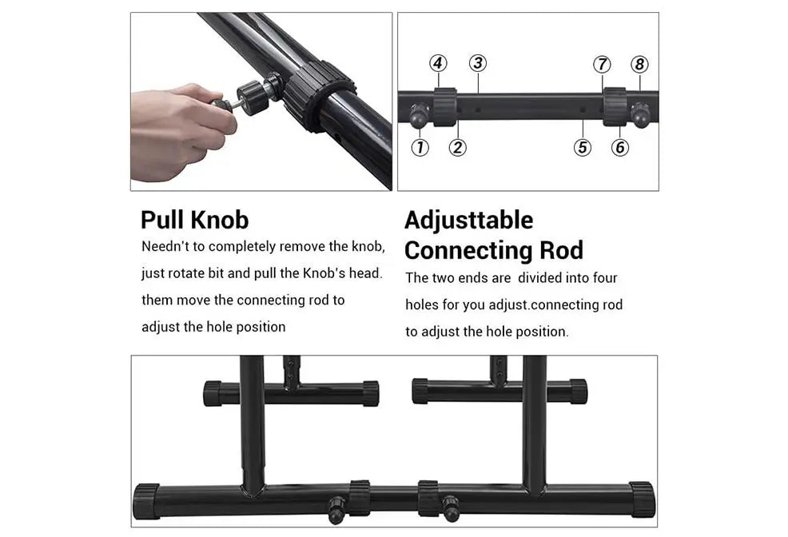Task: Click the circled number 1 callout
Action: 420,147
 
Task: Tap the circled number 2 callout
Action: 457,147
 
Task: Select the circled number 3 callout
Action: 478,63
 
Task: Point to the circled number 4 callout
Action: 438,63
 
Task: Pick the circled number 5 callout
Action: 583,147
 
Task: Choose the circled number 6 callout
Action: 620,147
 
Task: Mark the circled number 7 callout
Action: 602,64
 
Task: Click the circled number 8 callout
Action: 639,64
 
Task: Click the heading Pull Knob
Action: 195,220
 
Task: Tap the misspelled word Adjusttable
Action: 469,221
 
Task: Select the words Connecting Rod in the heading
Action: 494,250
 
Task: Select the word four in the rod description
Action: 604,278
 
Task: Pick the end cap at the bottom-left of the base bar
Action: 147,501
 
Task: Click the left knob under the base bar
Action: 336,510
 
